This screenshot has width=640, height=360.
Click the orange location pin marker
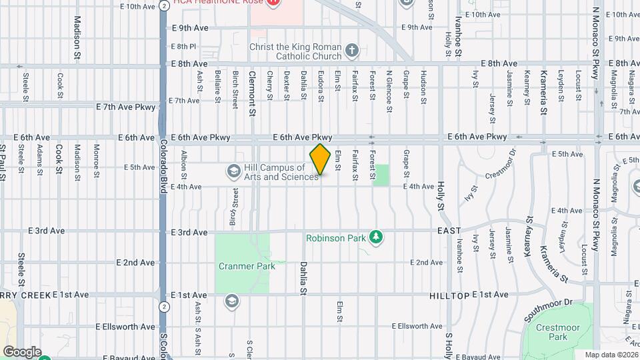[321, 159]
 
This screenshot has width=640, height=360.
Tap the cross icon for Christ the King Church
[351, 49]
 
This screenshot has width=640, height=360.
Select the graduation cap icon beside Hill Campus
[233, 172]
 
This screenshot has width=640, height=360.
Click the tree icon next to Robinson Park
[376, 237]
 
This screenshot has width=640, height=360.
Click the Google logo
[22, 351]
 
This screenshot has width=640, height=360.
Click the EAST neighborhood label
[449, 231]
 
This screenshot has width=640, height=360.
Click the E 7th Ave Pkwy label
[125, 107]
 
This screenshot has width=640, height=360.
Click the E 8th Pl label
[183, 47]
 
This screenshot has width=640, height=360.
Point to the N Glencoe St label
[388, 85]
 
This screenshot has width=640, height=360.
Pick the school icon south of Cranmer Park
[231, 301]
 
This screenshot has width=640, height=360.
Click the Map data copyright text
[611, 355]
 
